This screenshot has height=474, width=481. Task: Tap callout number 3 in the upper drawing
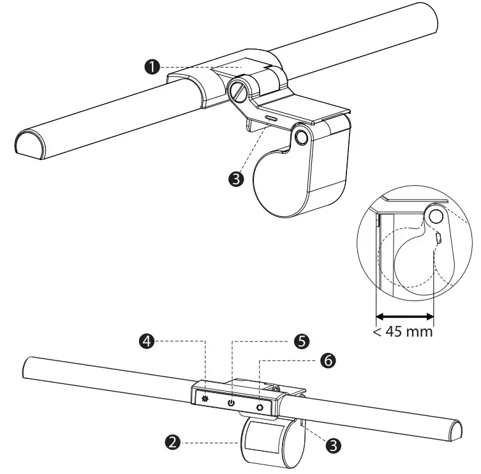point(237,179)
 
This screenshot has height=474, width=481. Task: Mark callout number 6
point(328,361)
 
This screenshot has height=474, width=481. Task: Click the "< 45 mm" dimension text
point(403,332)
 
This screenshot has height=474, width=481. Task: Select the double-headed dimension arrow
point(404,316)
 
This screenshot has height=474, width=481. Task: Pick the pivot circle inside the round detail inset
point(436,217)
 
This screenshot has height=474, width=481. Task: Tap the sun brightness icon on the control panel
point(205,399)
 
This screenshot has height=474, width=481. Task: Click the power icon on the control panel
point(231,403)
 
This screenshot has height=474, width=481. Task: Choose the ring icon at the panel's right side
point(260,407)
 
